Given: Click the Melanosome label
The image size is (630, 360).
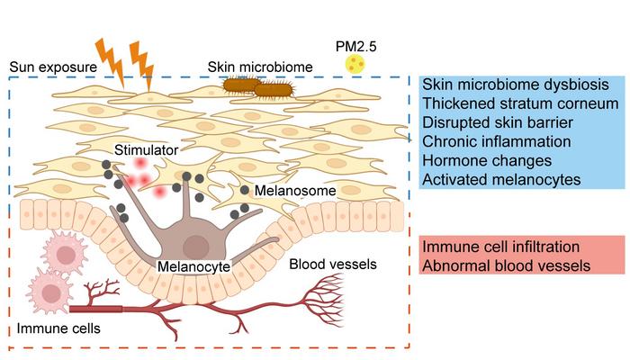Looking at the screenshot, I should pyautogui.click(x=291, y=191).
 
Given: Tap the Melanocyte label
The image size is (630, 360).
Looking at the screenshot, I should pyautogui.click(x=193, y=266).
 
